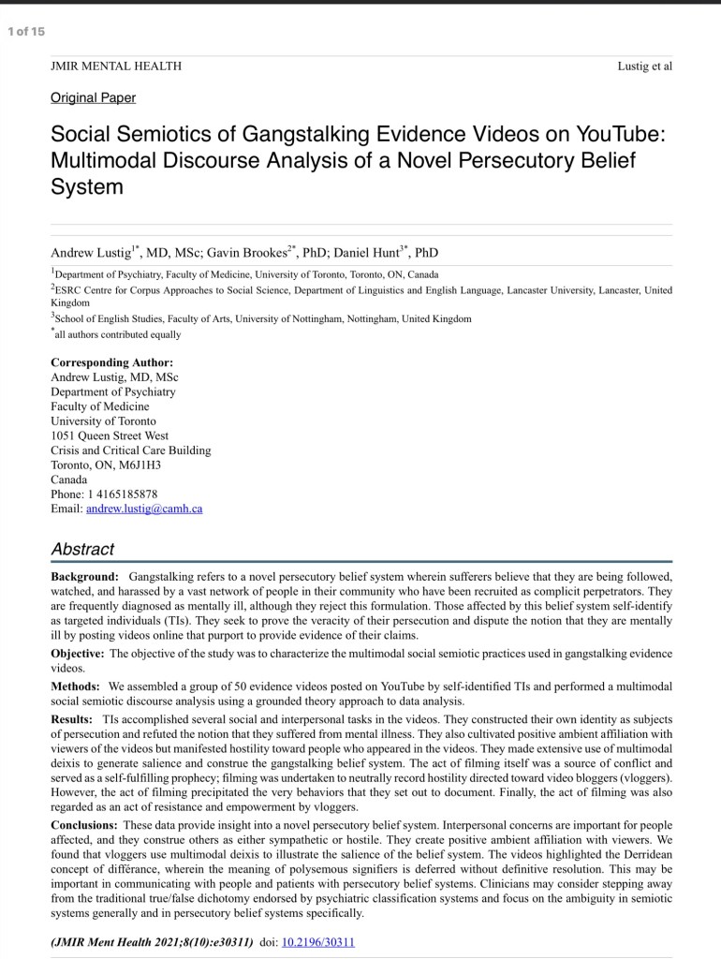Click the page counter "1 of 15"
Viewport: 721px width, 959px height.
click(25, 32)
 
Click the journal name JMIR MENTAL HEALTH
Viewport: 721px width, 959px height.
click(116, 66)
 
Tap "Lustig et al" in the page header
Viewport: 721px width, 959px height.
click(645, 66)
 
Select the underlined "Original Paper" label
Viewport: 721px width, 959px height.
click(93, 97)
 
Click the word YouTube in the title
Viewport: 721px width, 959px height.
click(620, 134)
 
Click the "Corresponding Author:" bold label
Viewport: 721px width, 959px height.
click(111, 362)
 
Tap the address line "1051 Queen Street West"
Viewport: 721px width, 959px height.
click(110, 435)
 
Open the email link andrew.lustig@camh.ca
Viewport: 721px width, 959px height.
click(144, 509)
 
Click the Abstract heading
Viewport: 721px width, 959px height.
click(82, 550)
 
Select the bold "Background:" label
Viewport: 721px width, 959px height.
click(85, 576)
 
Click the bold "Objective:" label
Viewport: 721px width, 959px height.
click(78, 653)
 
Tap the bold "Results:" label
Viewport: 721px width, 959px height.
click(71, 719)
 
